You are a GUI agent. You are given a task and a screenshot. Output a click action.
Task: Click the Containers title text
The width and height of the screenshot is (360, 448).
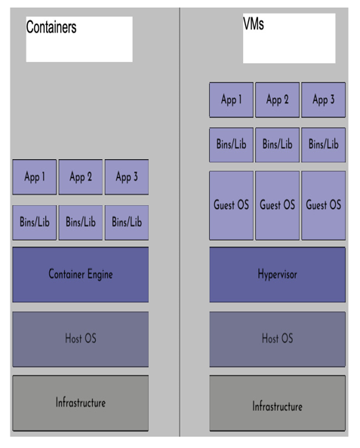coord(51,27)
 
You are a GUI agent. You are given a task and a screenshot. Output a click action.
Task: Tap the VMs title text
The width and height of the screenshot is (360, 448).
coord(254,23)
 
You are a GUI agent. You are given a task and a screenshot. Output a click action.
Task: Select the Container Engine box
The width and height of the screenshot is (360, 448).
coord(80,275)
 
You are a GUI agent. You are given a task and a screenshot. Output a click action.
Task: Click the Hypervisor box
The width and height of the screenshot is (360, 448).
coord(278,275)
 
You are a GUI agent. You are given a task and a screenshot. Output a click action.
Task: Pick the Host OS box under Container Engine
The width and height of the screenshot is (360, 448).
coord(80,339)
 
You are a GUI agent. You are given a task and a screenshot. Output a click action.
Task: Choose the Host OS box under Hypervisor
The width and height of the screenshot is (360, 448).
coord(278,339)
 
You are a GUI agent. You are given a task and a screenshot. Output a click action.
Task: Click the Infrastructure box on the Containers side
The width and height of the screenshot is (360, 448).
coord(80,404)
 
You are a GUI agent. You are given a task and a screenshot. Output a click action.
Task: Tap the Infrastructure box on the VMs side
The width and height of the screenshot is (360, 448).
coord(278,404)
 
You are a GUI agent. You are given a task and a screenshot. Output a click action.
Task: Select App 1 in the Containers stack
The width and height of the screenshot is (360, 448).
coord(34,177)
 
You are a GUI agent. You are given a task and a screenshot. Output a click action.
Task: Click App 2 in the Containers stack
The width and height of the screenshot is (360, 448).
coord(81,177)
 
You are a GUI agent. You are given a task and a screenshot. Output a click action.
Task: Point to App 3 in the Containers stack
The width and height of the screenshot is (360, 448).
coord(127,177)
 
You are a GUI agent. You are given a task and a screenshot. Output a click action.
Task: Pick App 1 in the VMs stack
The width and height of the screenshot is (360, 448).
coord(232,100)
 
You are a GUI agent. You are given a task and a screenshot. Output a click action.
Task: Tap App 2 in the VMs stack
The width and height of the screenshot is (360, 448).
coord(278,100)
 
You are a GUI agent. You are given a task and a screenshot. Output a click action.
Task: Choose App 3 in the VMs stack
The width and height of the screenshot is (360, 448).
coord(324,100)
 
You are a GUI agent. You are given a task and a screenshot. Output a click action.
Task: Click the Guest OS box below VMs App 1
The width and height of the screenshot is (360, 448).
coord(232,205)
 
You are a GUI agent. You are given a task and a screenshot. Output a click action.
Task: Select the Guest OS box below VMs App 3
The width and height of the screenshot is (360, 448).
coord(324,205)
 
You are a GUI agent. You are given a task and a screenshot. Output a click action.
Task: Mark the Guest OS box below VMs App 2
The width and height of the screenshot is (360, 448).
coord(278,205)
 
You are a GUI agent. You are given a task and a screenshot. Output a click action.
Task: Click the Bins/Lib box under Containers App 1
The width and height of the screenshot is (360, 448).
coord(34,222)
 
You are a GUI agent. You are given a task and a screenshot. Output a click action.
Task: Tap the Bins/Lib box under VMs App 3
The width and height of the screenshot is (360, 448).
coord(324,145)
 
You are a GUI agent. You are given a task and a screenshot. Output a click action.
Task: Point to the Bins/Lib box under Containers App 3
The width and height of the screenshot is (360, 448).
coord(127,222)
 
